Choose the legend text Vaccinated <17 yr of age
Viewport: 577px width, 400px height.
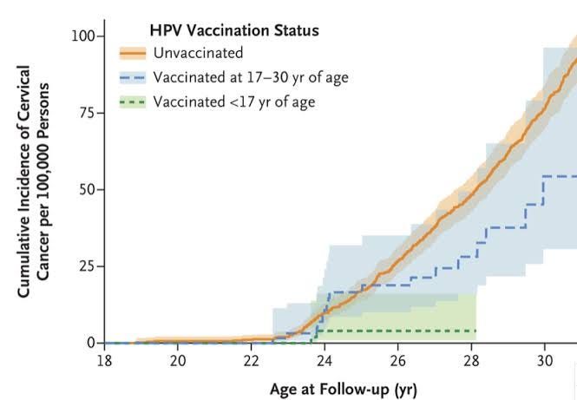tap(234, 102)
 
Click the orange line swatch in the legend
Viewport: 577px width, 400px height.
tap(132, 53)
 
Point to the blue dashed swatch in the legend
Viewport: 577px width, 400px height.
tap(132, 77)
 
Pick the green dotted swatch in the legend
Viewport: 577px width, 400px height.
tap(132, 102)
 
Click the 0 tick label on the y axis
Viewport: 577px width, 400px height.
tap(90, 343)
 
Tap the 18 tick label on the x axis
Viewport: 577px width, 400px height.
tap(104, 359)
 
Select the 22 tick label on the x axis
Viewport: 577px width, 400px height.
tap(251, 359)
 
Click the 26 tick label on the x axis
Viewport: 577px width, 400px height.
tap(397, 359)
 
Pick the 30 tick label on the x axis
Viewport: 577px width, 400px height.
tap(544, 359)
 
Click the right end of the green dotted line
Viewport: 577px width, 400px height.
tap(475, 331)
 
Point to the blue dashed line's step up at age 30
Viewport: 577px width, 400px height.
tap(544, 190)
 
